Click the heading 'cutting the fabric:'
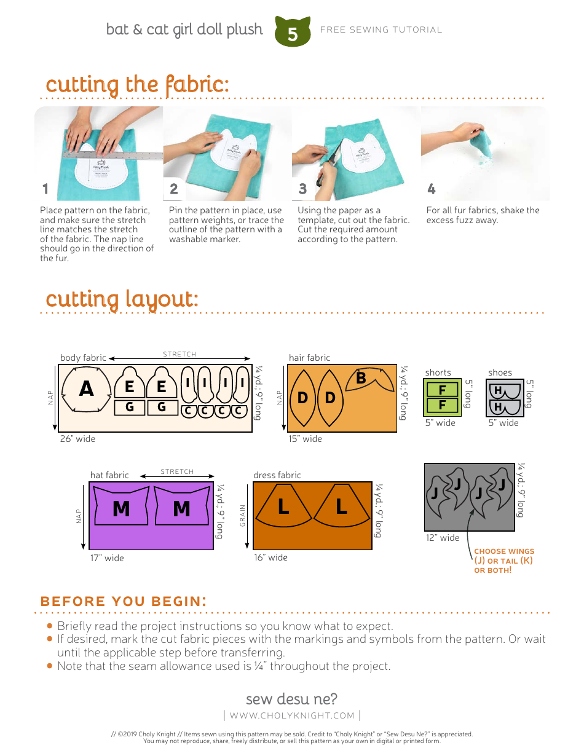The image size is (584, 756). [x=137, y=84]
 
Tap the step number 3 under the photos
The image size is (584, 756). [x=302, y=189]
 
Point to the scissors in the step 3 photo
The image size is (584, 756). [x=323, y=170]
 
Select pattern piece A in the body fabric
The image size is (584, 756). [x=87, y=389]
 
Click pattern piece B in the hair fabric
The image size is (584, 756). [x=361, y=378]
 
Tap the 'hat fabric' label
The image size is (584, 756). [x=109, y=475]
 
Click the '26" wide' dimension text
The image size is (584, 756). [x=77, y=439]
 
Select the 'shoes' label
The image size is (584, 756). [x=500, y=372]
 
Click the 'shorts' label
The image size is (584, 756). [x=438, y=372]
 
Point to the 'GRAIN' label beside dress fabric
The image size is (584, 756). [x=243, y=516]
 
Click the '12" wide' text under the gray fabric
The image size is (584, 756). [x=442, y=538]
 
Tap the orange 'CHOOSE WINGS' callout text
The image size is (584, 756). [x=503, y=551]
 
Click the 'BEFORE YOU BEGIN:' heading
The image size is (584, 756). [x=123, y=601]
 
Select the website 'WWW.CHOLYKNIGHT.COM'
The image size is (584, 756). [x=292, y=715]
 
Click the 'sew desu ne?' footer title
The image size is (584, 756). [x=291, y=699]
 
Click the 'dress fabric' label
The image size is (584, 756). [x=277, y=475]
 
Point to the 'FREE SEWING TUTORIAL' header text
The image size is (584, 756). [x=381, y=30]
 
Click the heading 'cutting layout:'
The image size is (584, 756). [x=122, y=299]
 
